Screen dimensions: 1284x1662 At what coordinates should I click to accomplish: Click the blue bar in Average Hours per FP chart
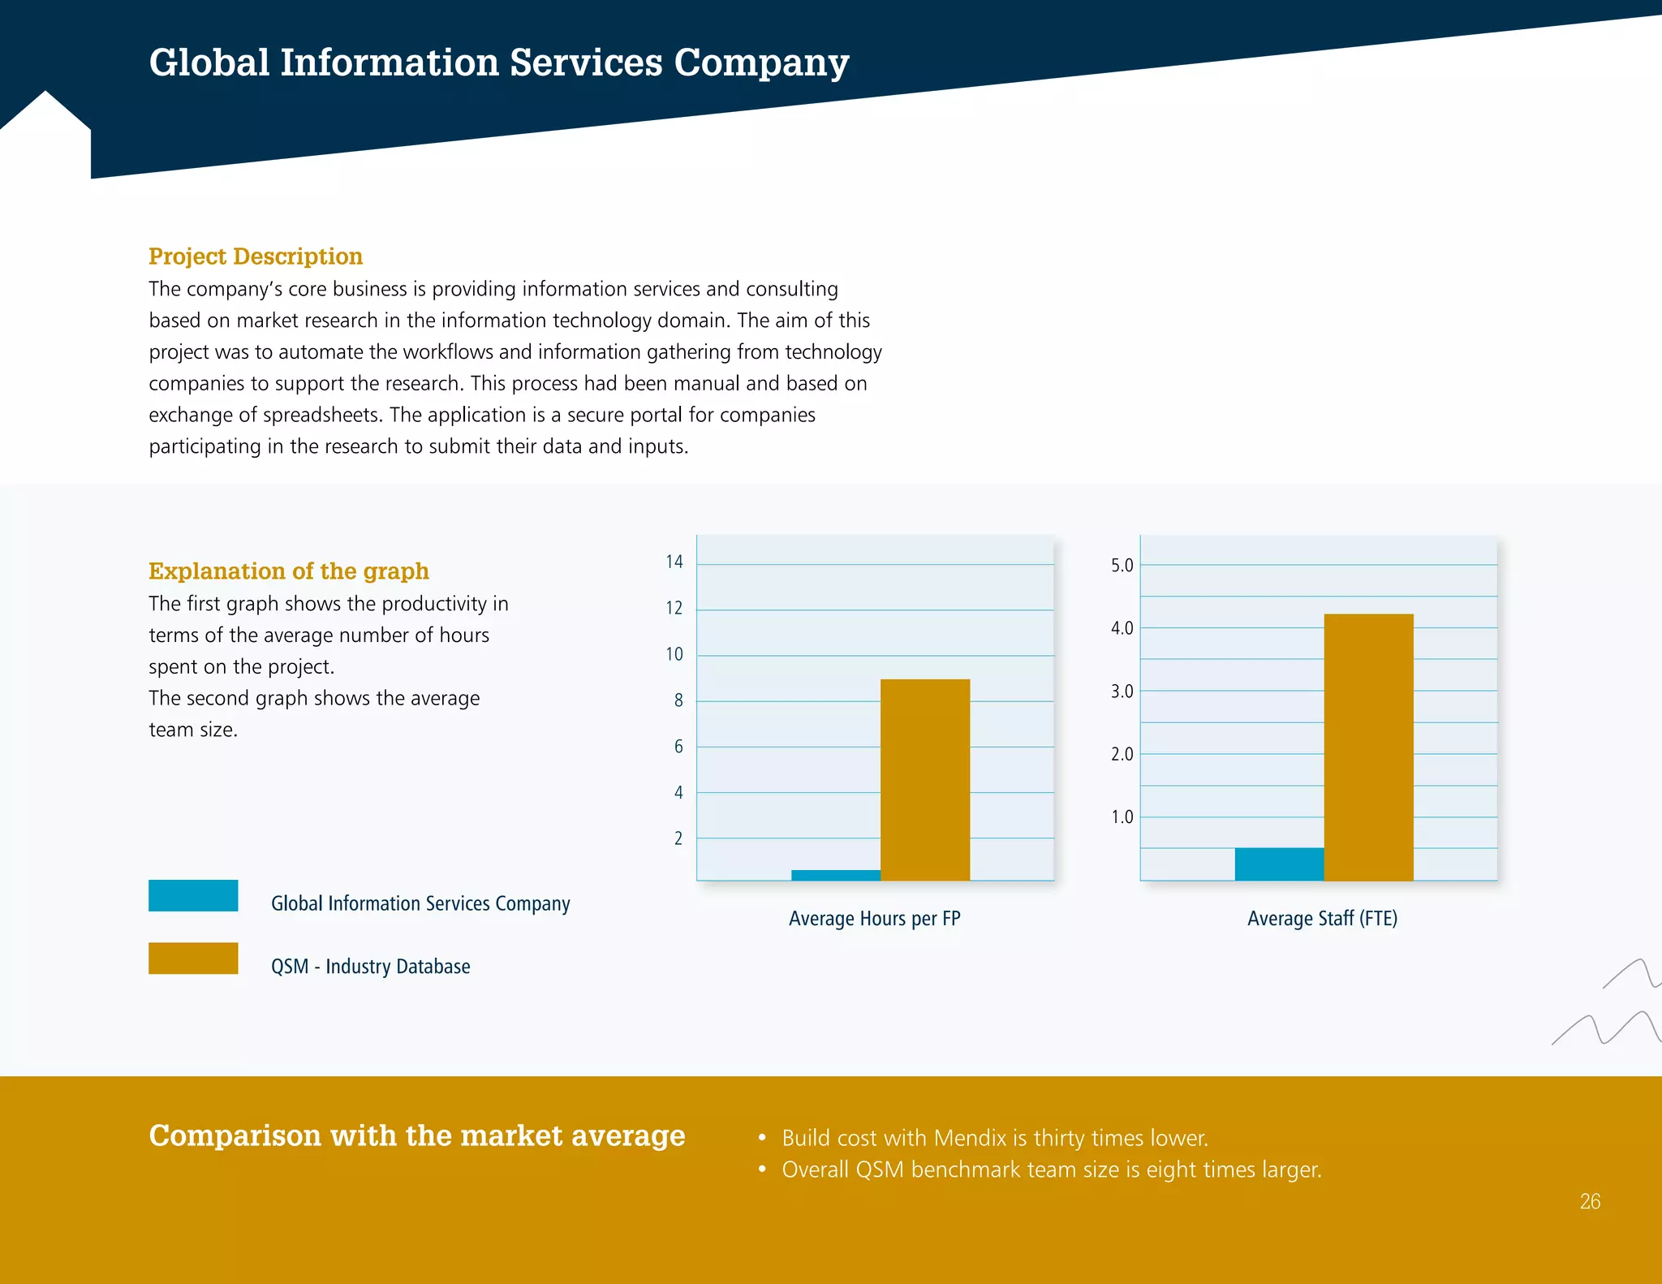point(835,875)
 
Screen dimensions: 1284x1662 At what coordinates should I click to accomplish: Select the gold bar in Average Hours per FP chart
point(924,779)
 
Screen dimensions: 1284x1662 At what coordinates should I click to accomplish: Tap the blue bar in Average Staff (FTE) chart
point(1279,864)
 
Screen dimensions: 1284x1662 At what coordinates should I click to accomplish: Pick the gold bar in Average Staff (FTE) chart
point(1368,747)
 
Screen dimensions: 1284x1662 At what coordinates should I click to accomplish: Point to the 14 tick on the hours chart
point(674,562)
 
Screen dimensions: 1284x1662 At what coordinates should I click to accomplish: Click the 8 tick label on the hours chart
point(678,700)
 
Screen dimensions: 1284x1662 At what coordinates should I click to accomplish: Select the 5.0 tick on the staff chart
point(1122,565)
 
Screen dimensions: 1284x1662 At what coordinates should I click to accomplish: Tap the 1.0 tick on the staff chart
point(1122,817)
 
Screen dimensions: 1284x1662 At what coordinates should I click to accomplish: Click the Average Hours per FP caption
point(874,918)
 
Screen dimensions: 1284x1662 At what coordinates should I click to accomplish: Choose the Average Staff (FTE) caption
point(1321,918)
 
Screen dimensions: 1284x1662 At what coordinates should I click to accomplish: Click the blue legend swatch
point(193,895)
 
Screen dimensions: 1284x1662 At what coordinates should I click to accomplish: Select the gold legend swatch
point(193,958)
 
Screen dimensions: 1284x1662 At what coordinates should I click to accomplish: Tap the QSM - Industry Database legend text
point(370,966)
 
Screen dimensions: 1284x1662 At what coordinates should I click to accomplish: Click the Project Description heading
point(255,256)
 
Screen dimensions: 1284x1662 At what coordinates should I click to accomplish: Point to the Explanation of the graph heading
point(288,571)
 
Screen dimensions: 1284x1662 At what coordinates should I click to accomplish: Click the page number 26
point(1590,1201)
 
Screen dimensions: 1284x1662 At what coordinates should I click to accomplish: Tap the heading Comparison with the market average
point(416,1135)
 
